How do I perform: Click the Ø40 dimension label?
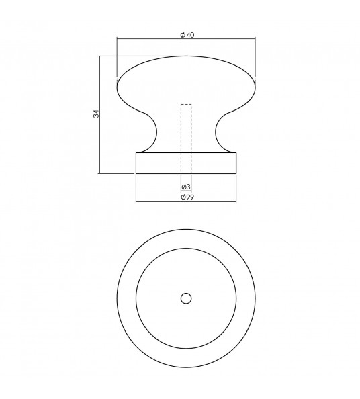click(187, 35)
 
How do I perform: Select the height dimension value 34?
click(96, 115)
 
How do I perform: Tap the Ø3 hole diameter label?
click(186, 186)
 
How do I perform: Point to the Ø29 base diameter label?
click(187, 197)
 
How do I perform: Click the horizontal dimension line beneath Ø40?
click(154, 40)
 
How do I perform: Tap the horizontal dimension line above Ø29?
click(161, 202)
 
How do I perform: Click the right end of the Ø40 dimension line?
click(257, 40)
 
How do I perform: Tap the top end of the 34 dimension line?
click(101, 56)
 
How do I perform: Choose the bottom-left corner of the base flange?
click(136, 173)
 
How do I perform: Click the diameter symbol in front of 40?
click(182, 35)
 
